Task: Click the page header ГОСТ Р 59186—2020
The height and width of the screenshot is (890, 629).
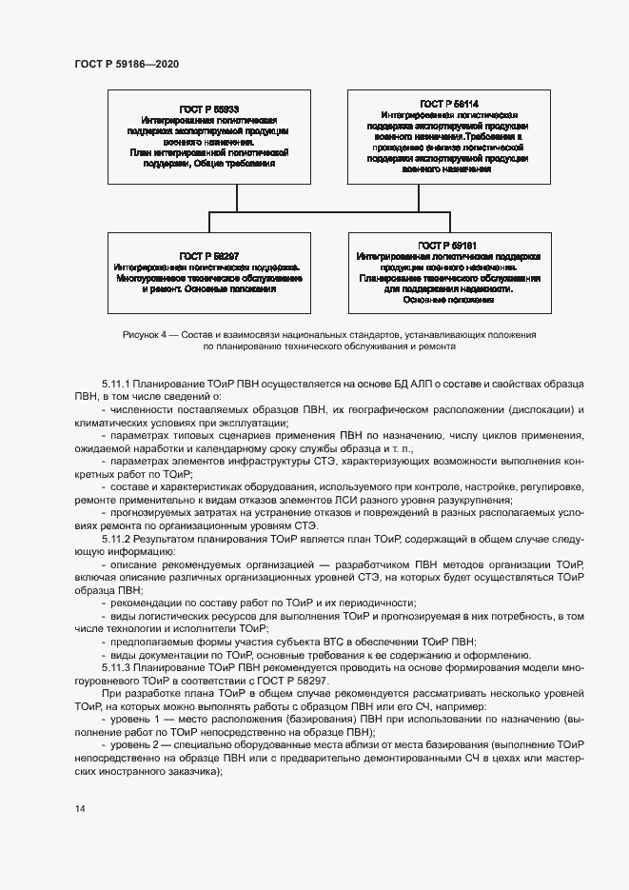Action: click(x=126, y=64)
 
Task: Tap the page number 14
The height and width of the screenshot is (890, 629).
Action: click(x=80, y=809)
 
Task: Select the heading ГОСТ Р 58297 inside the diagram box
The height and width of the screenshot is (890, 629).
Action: click(x=208, y=256)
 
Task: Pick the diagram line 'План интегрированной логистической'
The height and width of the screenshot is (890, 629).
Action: click(x=208, y=151)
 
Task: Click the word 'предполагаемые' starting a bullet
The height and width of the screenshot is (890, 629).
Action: click(x=153, y=643)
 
